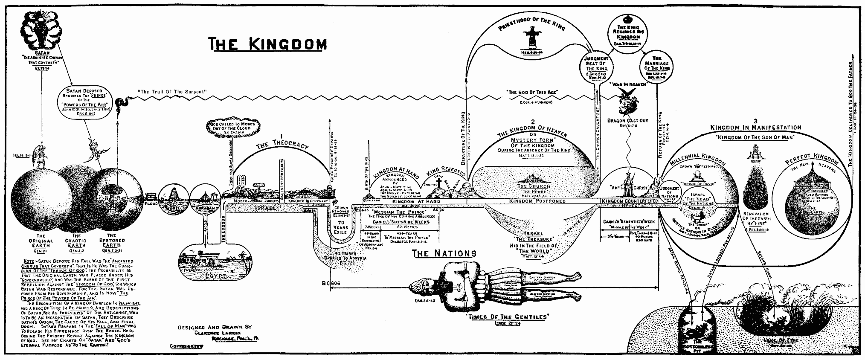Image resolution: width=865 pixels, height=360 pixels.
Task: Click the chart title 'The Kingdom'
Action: pyautogui.click(x=267, y=44)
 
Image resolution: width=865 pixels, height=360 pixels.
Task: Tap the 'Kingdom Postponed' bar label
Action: pyautogui.click(x=537, y=201)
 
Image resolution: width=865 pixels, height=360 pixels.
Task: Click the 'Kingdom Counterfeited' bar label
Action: pyautogui.click(x=629, y=201)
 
